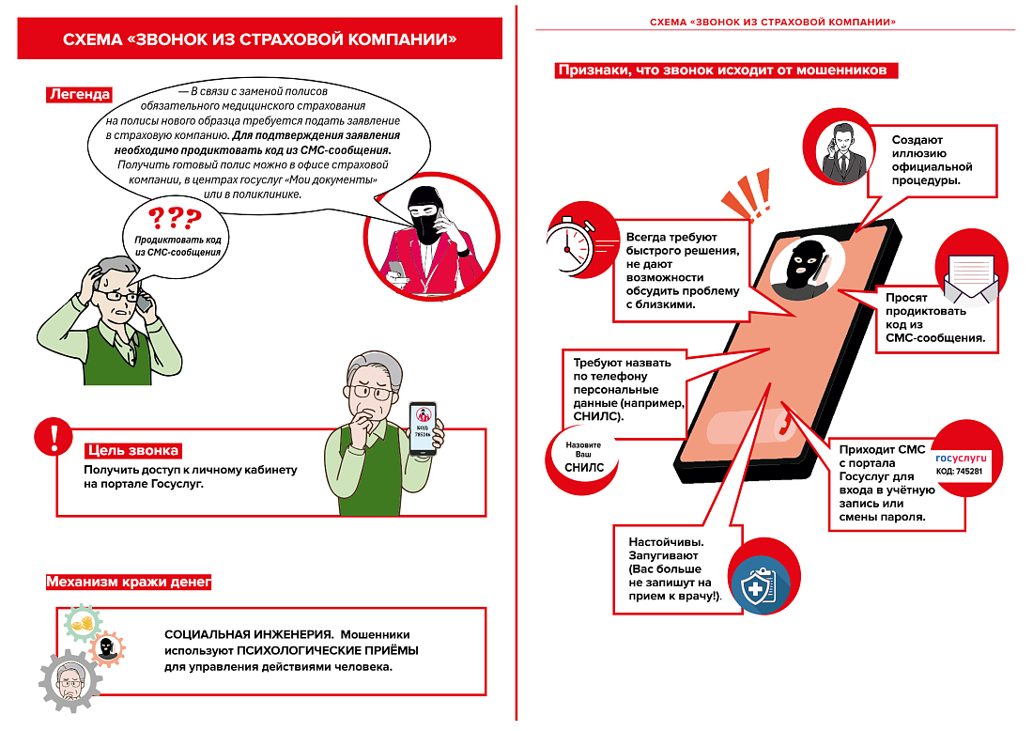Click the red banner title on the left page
260,39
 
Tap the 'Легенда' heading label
80,94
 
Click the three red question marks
175,219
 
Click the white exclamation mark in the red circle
54,438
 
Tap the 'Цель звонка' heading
132,450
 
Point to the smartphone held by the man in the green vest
424,428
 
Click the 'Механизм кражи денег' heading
129,583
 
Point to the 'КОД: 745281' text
960,470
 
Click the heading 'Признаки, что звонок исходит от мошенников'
728,70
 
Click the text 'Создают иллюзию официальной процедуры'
931,160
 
